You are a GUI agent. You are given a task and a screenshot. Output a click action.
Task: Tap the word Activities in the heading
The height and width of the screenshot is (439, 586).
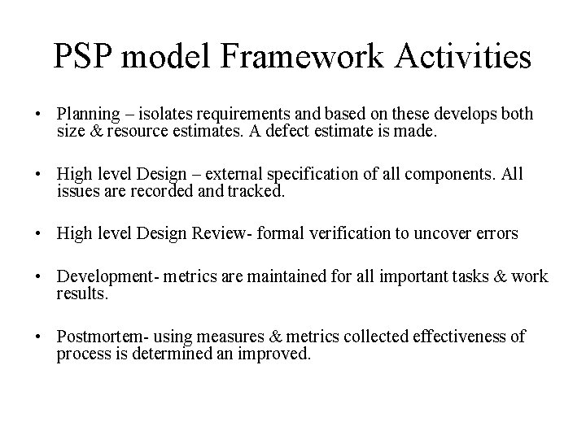pyautogui.click(x=460, y=57)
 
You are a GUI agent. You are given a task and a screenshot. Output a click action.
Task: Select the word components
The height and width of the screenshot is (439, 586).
pyautogui.click(x=456, y=174)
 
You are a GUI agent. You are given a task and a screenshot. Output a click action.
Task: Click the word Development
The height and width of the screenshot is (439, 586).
pyautogui.click(x=102, y=276)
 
